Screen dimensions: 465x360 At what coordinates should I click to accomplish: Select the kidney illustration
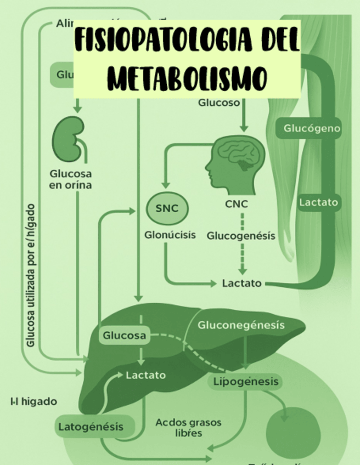pyautogui.click(x=69, y=139)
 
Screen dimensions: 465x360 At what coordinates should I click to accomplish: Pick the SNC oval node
pyautogui.click(x=167, y=208)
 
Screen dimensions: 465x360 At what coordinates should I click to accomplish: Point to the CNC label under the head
pyautogui.click(x=237, y=204)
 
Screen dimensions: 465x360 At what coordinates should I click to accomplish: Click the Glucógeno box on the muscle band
pyautogui.click(x=312, y=129)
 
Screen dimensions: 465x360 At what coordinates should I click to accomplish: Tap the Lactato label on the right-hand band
pyautogui.click(x=319, y=202)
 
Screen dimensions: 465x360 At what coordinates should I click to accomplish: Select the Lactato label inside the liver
pyautogui.click(x=145, y=376)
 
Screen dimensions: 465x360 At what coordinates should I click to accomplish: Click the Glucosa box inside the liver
pyautogui.click(x=125, y=335)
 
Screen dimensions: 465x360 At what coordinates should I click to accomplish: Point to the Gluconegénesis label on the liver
pyautogui.click(x=241, y=325)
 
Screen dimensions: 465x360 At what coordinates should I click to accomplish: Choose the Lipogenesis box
pyautogui.click(x=245, y=382)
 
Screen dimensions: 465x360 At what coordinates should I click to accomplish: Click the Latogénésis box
pyautogui.click(x=91, y=426)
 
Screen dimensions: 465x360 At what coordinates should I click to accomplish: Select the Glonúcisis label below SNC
pyautogui.click(x=170, y=235)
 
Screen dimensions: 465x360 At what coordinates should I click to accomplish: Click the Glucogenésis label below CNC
pyautogui.click(x=241, y=236)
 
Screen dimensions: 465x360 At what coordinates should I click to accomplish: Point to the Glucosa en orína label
pyautogui.click(x=70, y=179)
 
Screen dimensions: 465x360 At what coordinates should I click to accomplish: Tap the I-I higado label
pyautogui.click(x=33, y=401)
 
